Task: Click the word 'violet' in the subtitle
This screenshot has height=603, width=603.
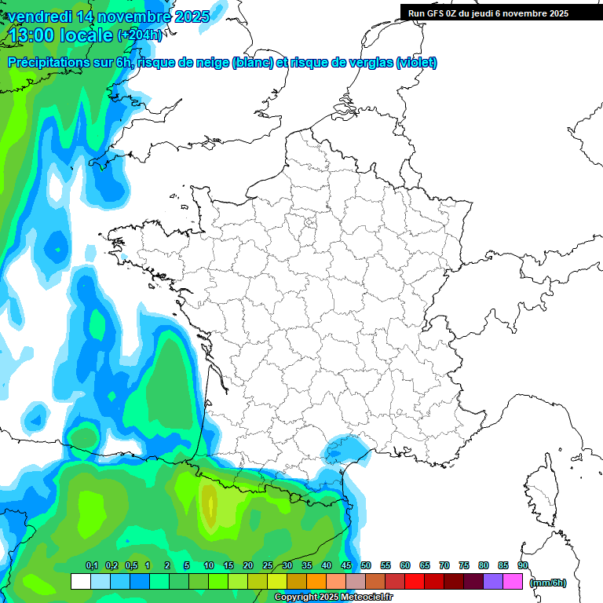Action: [416, 63]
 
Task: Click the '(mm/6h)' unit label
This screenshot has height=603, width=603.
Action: [548, 583]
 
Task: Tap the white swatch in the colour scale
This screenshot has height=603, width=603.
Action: [80, 582]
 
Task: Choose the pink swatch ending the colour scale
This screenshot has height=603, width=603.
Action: [513, 582]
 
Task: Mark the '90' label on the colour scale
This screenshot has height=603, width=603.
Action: [523, 565]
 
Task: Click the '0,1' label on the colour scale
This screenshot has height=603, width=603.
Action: [91, 565]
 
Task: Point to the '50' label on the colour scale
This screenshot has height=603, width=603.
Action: [366, 565]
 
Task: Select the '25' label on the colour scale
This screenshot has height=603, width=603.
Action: [268, 565]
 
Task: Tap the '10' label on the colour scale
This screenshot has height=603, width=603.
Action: [209, 565]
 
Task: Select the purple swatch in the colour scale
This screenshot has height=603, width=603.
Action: [493, 582]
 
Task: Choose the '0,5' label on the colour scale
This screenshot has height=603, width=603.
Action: [130, 565]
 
